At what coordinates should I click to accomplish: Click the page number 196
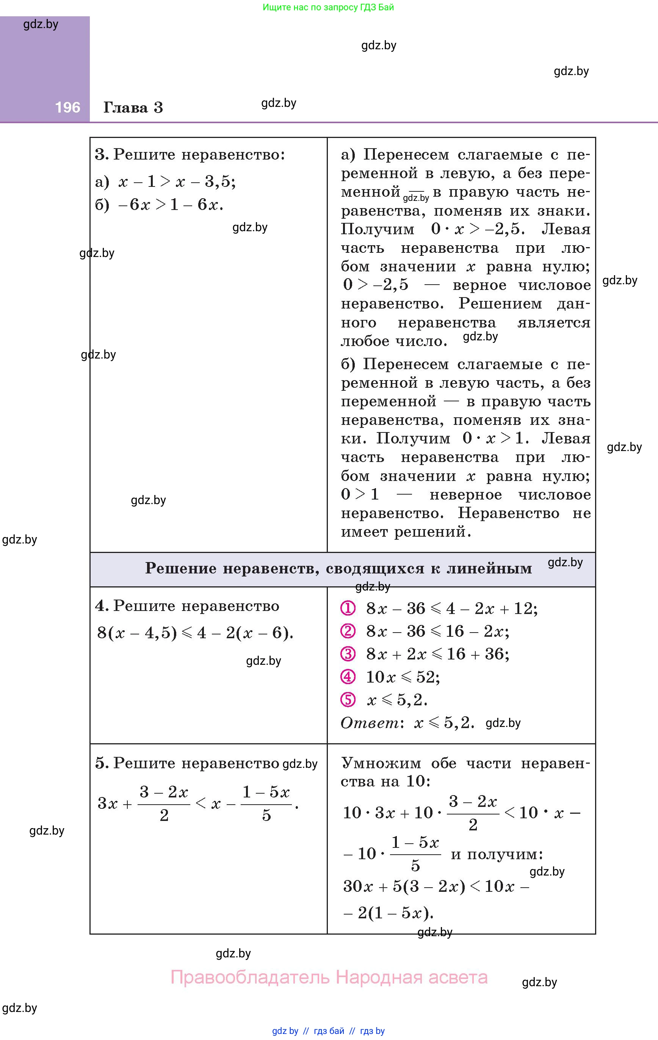point(67,107)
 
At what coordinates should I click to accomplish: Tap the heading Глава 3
point(133,107)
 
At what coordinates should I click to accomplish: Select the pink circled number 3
point(348,654)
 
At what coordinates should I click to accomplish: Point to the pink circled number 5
point(348,700)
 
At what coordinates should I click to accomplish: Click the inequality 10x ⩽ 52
point(403,677)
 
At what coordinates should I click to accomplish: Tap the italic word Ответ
point(370,722)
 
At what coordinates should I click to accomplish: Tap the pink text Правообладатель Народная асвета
point(329,977)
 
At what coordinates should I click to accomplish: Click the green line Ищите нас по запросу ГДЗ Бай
point(328,7)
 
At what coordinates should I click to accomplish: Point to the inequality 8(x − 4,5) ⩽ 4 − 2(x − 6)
point(195,633)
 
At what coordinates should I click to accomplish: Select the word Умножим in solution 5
point(381,763)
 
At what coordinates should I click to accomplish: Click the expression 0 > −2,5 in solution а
point(376,285)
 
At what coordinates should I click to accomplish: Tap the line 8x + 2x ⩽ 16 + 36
point(437,654)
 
